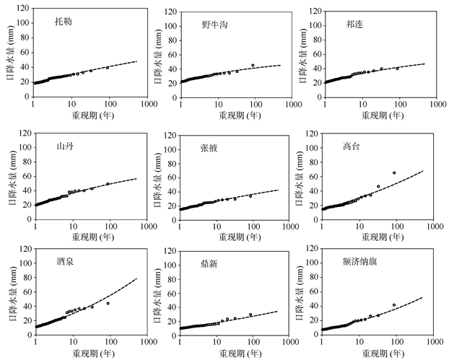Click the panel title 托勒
[x=64, y=22]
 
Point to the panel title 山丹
[x=64, y=145]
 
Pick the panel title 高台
[x=352, y=146]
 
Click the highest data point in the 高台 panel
[x=394, y=172]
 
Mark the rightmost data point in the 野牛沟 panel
[x=253, y=66]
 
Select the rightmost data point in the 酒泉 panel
[x=108, y=303]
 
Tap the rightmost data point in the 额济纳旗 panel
[x=394, y=305]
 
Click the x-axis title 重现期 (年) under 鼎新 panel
[x=235, y=354]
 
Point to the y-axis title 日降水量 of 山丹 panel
[x=10, y=175]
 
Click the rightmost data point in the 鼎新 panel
[x=251, y=315]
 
